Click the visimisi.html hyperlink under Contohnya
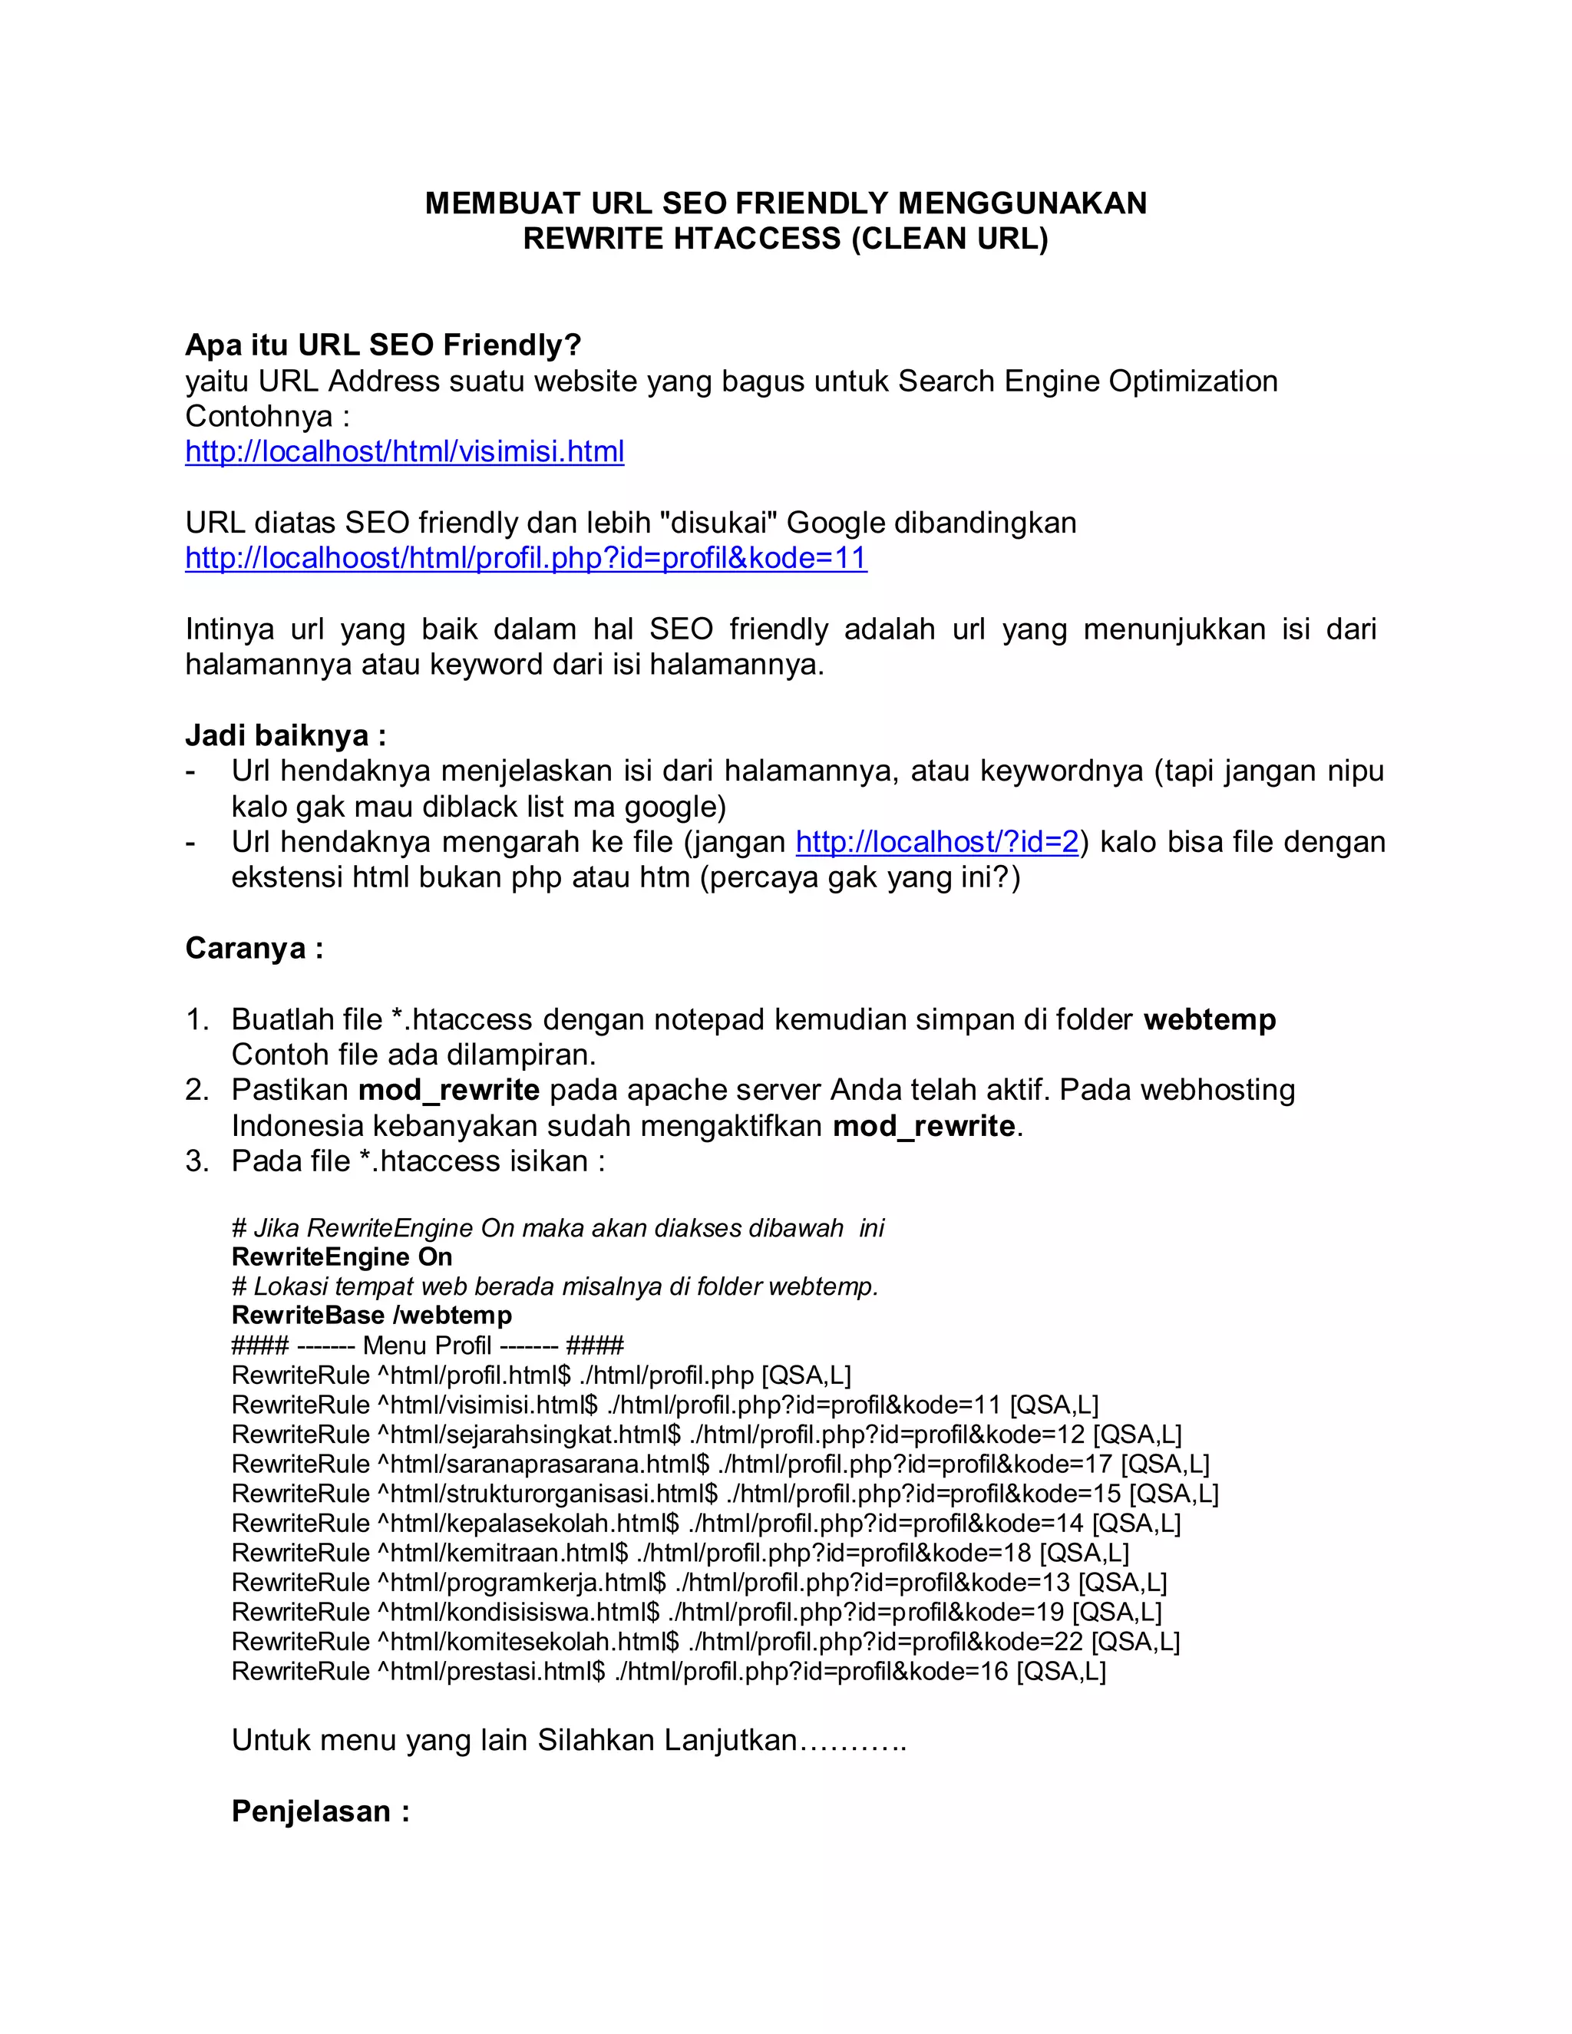(x=405, y=451)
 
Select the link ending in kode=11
(x=525, y=558)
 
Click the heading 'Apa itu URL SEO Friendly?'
(x=383, y=345)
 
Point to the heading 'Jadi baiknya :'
(x=286, y=736)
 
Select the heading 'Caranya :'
(x=254, y=948)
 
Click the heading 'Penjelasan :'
(x=320, y=1811)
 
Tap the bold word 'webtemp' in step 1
(x=1209, y=1020)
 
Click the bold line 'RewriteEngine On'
(x=342, y=1257)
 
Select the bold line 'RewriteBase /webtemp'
(x=372, y=1316)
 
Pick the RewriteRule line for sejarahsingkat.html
(x=706, y=1435)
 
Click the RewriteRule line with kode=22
(x=705, y=1641)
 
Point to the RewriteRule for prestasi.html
(x=668, y=1671)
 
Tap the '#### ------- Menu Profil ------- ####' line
(x=428, y=1346)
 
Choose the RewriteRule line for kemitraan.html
(x=680, y=1553)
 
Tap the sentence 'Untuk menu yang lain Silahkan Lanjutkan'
(x=568, y=1741)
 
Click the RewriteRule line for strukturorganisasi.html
(x=725, y=1494)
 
